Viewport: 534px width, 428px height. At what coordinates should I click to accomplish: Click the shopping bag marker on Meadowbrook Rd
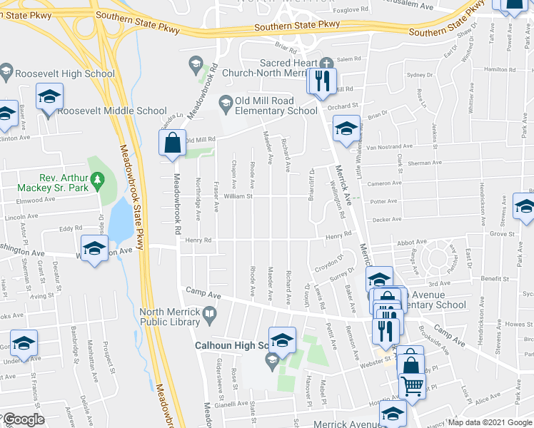[x=172, y=143]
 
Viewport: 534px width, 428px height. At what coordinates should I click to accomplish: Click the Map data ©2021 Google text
[x=490, y=422]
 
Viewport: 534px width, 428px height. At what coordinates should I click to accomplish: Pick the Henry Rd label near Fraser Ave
[x=199, y=240]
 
